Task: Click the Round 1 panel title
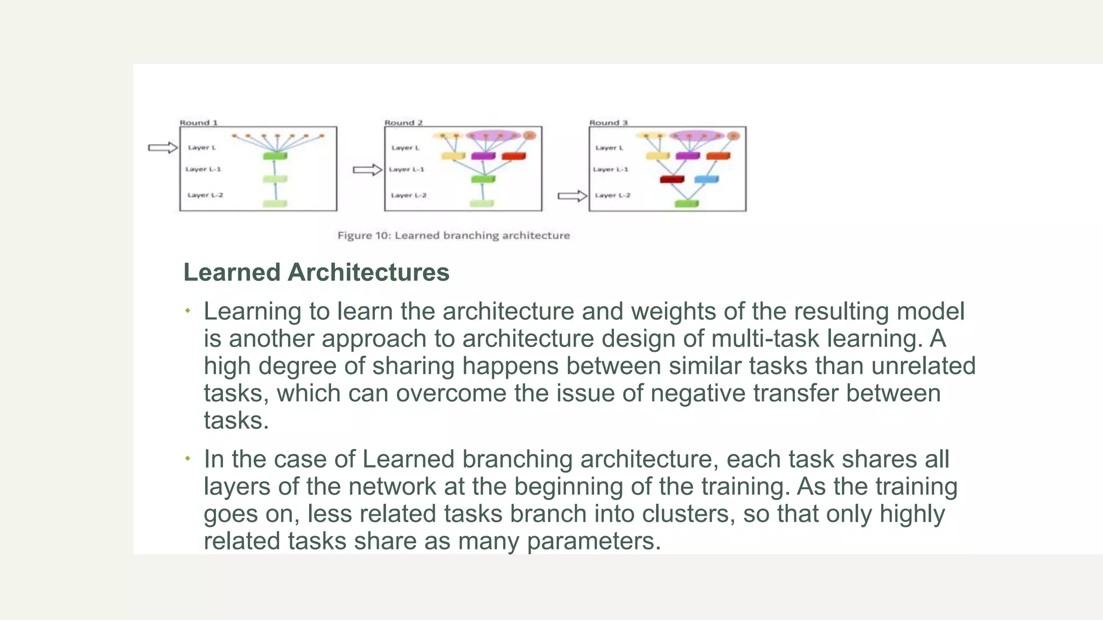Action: pos(198,123)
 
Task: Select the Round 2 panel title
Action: pos(403,123)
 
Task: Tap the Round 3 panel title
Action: pos(608,123)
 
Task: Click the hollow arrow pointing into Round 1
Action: pos(163,147)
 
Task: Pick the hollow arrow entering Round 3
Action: pos(572,196)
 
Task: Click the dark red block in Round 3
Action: pos(672,179)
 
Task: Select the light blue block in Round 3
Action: pos(706,179)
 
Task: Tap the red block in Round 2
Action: pos(513,156)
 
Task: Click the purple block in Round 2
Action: pos(483,156)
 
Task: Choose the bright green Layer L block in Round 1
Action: pos(275,156)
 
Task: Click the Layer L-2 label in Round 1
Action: pos(205,195)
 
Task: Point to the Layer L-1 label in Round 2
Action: pos(406,169)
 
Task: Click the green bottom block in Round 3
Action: pos(686,203)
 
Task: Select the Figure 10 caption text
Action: pos(453,235)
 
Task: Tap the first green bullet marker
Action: pos(187,311)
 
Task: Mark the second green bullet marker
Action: pos(187,459)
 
